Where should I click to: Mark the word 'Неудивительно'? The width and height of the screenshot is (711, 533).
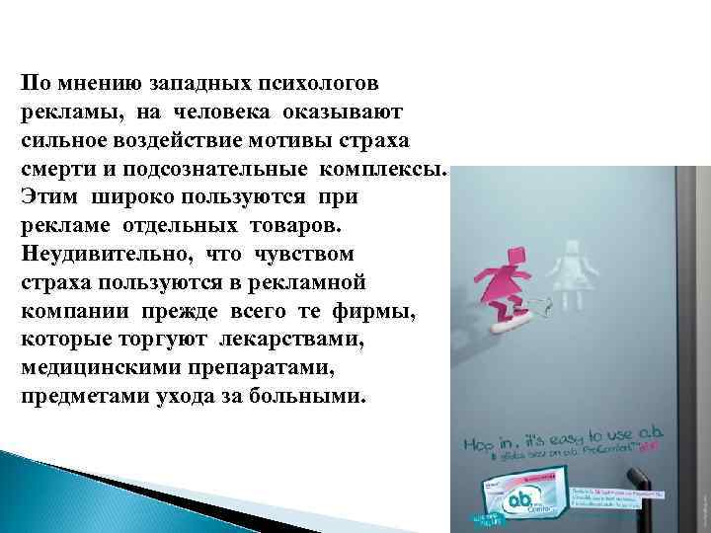(105, 253)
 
